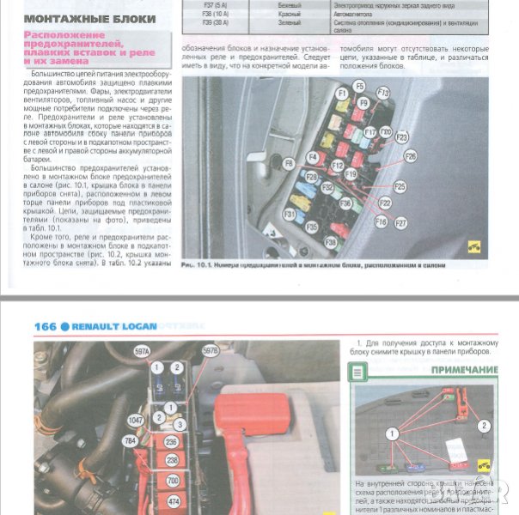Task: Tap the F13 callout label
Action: click(383, 93)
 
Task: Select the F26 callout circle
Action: click(410, 156)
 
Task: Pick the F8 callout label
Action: click(289, 162)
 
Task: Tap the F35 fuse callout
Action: click(311, 227)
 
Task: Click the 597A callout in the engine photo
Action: click(141, 351)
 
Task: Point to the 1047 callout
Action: click(136, 421)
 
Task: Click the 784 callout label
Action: click(131, 441)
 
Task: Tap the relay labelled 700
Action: click(172, 480)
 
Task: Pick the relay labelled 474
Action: click(172, 500)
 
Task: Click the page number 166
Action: click(45, 326)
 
